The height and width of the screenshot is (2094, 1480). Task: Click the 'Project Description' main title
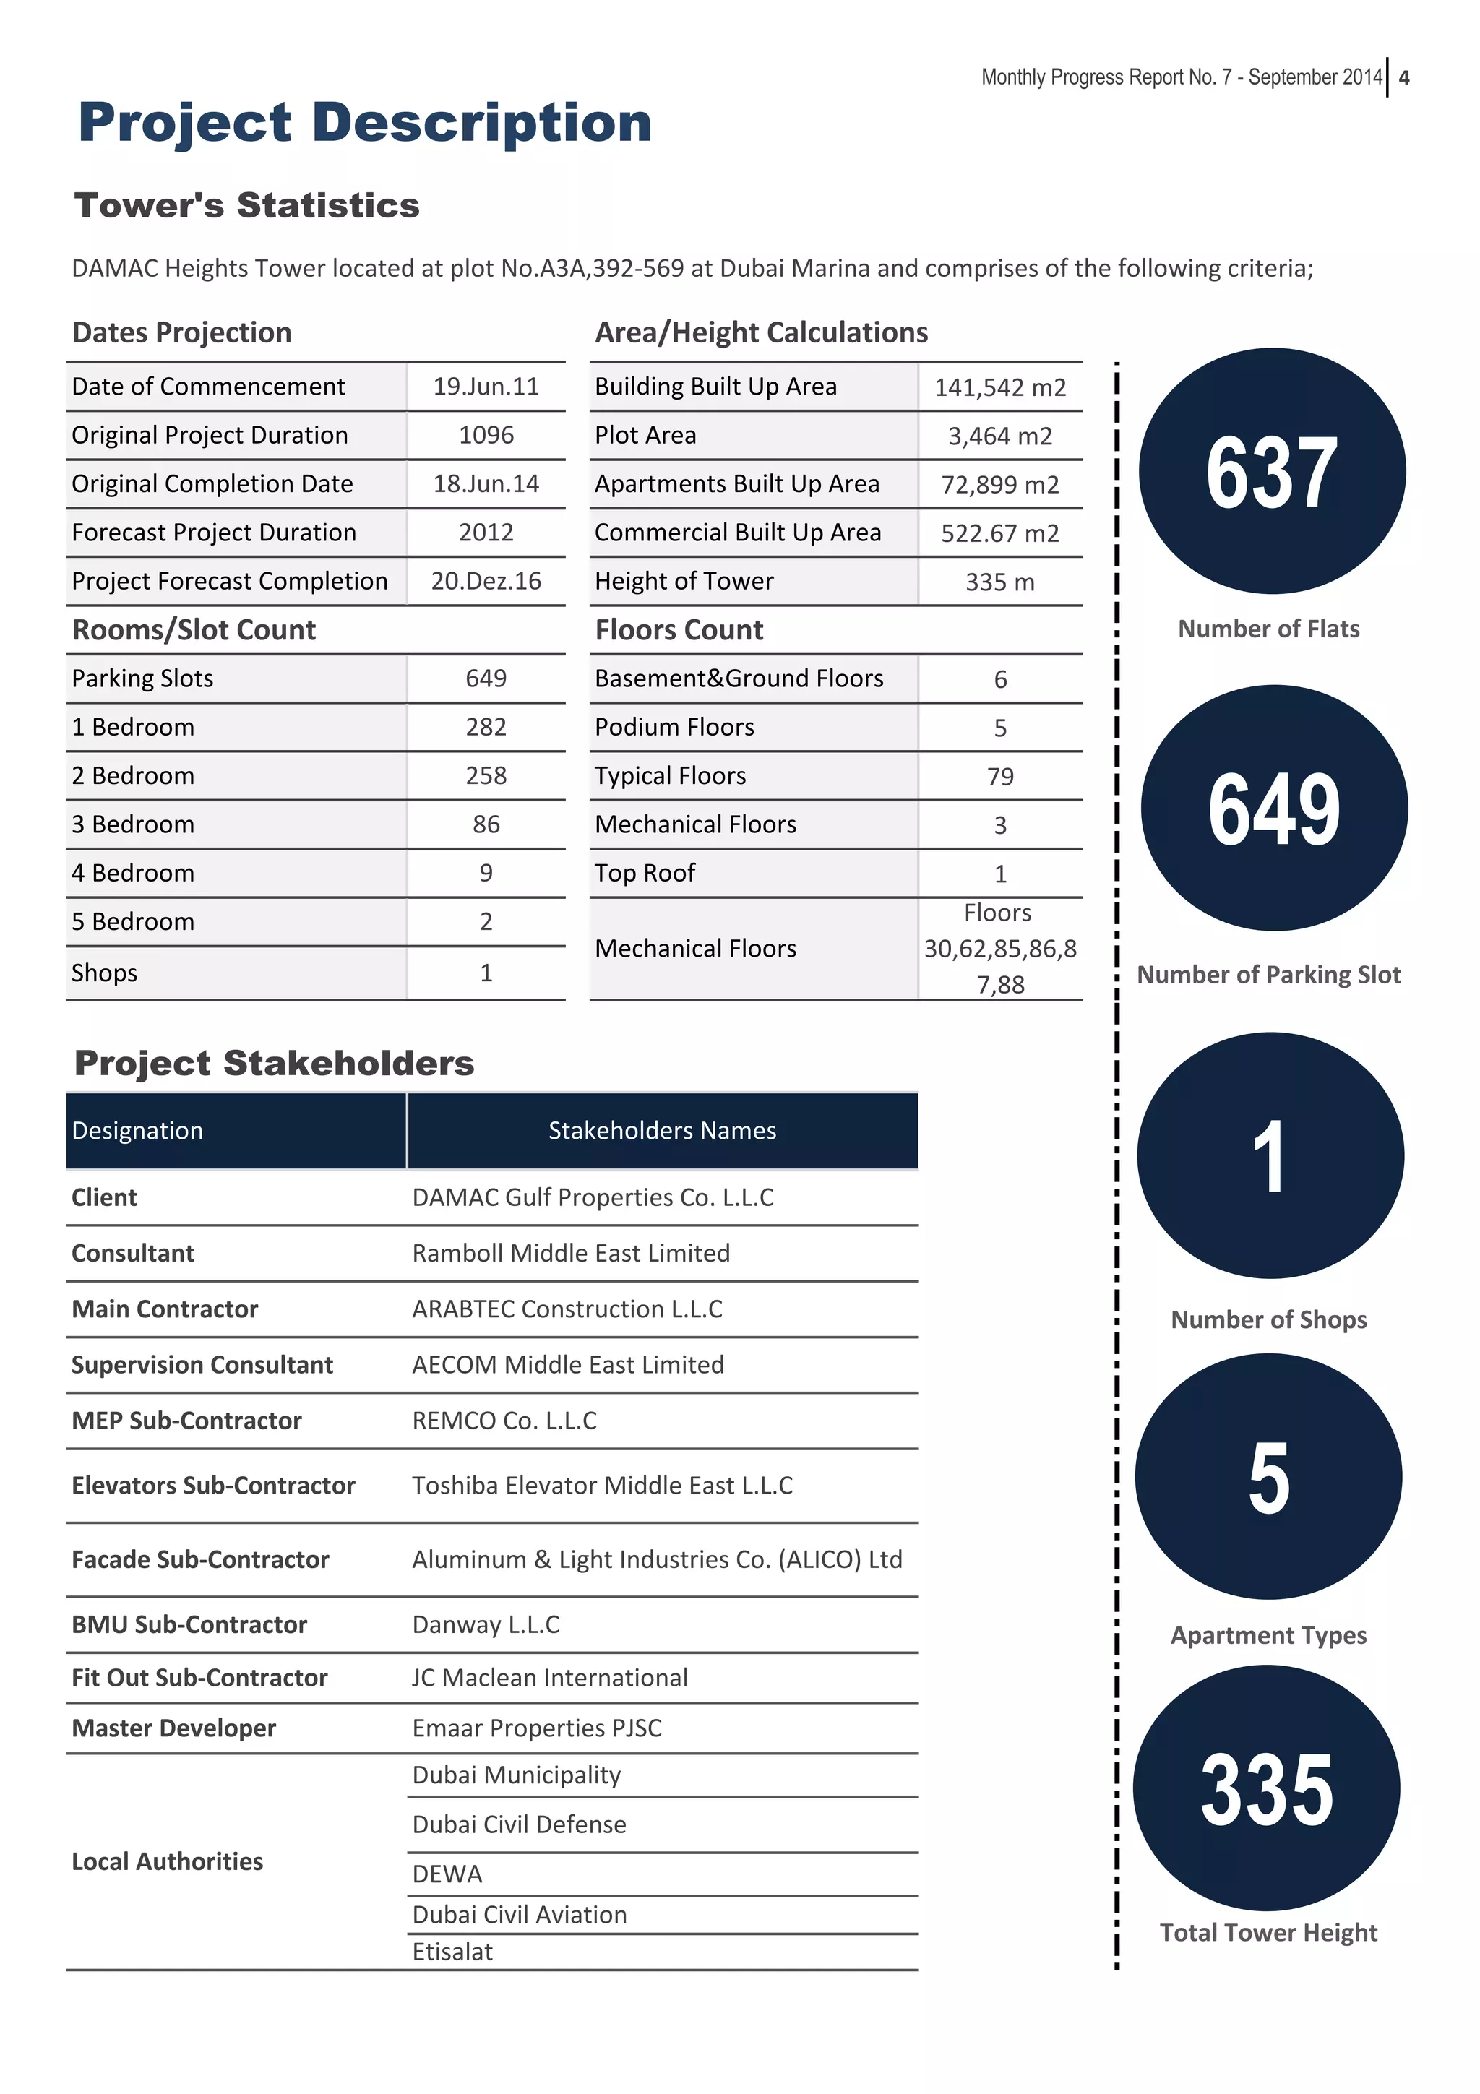tap(365, 122)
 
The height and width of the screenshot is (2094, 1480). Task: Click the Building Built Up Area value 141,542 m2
tap(999, 387)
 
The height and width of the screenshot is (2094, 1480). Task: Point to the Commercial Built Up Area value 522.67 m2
tap(999, 533)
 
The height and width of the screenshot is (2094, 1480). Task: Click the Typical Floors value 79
tap(999, 776)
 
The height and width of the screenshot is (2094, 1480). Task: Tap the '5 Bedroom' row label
tap(133, 922)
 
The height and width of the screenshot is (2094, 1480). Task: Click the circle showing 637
tap(1271, 472)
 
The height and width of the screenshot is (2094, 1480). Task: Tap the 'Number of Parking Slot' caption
tap(1268, 975)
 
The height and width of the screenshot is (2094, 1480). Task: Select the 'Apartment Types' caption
tap(1268, 1635)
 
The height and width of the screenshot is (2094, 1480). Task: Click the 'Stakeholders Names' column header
tap(662, 1131)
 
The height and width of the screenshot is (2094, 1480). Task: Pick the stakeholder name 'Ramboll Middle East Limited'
tap(571, 1253)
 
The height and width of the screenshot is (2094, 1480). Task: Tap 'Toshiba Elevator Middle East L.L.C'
tap(602, 1486)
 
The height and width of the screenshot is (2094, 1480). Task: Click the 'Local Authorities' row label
tap(167, 1861)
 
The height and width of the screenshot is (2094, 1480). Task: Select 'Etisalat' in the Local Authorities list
tap(452, 1952)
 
